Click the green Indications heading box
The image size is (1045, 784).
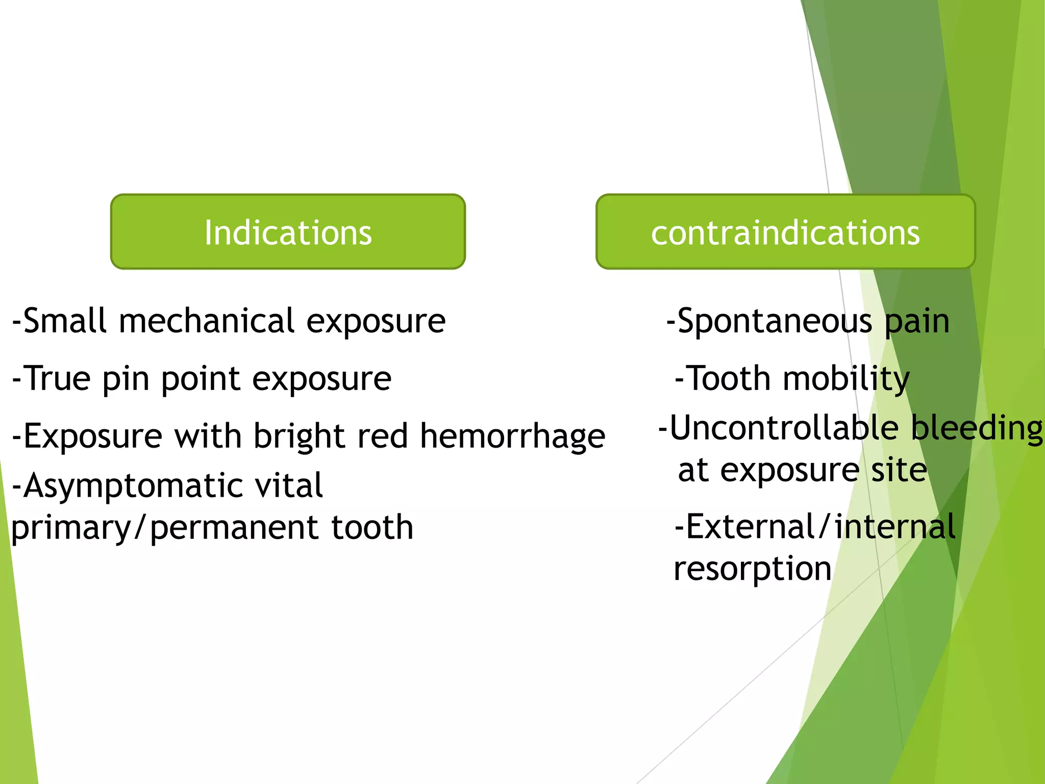[288, 232]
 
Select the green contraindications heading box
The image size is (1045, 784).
[785, 232]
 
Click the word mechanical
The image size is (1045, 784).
[207, 322]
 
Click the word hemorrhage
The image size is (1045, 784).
[512, 437]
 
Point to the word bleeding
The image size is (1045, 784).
[977, 429]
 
